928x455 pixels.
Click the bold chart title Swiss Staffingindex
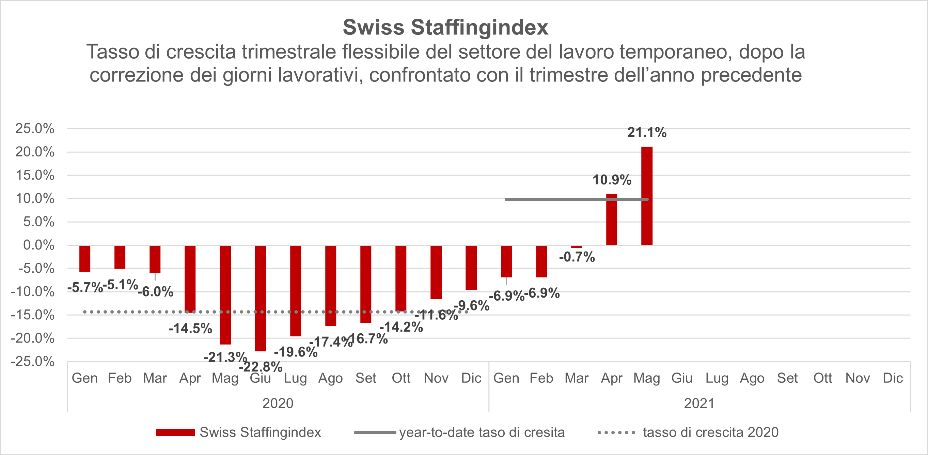point(445,27)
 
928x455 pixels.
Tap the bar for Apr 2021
point(611,219)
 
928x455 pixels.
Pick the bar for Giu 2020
point(260,298)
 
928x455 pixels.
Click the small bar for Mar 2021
point(577,247)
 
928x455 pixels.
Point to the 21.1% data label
point(647,133)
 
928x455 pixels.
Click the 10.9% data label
point(612,180)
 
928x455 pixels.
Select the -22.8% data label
point(261,367)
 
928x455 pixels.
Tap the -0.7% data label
point(577,257)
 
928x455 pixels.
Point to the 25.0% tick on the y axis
point(35,129)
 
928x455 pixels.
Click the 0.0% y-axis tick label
point(38,245)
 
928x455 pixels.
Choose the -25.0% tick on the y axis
point(33,361)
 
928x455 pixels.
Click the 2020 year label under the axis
point(278,403)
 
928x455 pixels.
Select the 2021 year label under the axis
point(699,403)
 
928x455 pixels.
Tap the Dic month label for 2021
point(893,378)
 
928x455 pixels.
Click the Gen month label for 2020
point(85,378)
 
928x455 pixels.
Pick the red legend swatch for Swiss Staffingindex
point(175,432)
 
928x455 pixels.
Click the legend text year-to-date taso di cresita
point(482,432)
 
